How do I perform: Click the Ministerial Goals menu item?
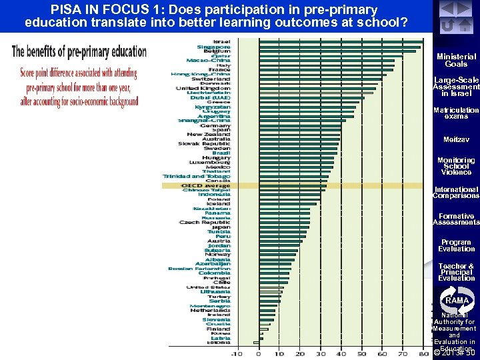point(456,61)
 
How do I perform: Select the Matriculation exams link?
point(456,113)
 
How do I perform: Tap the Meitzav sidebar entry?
point(456,140)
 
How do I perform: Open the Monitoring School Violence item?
point(456,166)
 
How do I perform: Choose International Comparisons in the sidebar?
point(456,193)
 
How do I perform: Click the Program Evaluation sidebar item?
point(456,245)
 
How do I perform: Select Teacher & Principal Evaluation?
point(456,272)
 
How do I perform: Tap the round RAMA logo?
point(456,300)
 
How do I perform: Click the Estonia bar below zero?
point(256,343)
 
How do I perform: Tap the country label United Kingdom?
point(203,88)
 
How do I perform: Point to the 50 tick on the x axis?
point(361,353)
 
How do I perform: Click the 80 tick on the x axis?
point(423,353)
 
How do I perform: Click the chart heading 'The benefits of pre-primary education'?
point(79,52)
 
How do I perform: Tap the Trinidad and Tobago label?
point(197,176)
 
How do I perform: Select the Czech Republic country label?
point(205,222)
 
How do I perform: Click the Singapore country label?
point(214,47)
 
